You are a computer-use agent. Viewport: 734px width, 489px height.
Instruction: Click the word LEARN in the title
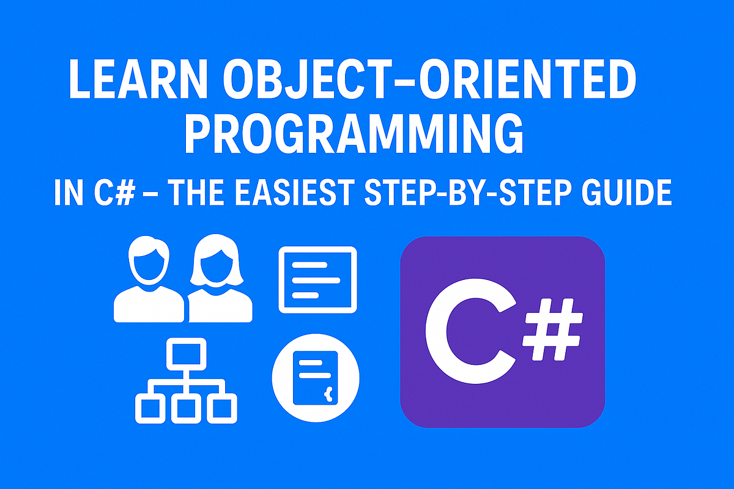138,79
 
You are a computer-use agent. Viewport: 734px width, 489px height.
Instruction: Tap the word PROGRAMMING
354,133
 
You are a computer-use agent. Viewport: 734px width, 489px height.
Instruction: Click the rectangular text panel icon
317,280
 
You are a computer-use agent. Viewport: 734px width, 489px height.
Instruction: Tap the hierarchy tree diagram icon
186,381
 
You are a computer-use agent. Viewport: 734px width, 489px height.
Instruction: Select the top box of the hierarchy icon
186,354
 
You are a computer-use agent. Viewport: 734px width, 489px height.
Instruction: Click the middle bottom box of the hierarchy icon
186,408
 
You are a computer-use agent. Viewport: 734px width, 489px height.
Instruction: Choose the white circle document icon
316,378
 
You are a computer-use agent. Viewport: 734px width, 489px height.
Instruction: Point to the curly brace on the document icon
328,394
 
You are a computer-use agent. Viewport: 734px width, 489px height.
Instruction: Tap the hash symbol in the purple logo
552,329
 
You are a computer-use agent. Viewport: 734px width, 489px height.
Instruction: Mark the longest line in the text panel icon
316,280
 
